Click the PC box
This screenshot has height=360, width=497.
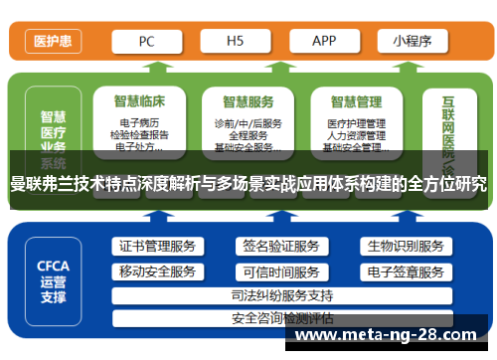146,41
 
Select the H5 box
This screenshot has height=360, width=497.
236,41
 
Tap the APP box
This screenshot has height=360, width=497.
324,41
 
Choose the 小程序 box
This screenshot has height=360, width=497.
410,41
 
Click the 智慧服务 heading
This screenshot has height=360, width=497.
248,101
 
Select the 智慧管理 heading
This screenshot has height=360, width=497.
356,101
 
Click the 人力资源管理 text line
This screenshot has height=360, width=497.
356,135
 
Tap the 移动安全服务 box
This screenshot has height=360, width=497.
157,271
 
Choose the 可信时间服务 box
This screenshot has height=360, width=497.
280,271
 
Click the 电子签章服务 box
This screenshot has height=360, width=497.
405,271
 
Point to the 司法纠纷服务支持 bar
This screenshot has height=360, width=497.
281,295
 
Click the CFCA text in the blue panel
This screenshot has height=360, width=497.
53,266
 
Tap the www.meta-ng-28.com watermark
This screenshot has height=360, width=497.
394,336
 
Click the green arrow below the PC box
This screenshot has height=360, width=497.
146,68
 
